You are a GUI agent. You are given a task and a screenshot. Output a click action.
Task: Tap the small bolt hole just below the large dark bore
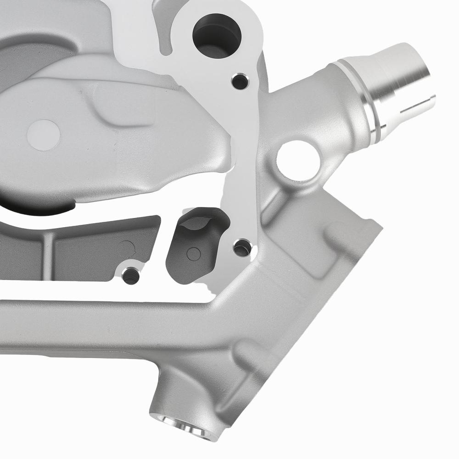coord(240,81)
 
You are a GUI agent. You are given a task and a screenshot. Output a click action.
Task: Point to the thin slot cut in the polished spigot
coord(415,106)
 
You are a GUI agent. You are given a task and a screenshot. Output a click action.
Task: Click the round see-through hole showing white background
coord(298,160)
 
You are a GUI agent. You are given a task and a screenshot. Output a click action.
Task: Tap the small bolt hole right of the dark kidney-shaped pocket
coord(242,248)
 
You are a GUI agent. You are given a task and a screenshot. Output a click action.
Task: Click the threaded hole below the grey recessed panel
coord(131,275)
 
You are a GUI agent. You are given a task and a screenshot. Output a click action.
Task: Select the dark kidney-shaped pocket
coord(195,248)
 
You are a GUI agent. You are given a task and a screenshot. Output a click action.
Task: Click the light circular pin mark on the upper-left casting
coord(44,135)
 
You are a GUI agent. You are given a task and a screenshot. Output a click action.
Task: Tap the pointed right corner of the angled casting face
coord(380,226)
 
